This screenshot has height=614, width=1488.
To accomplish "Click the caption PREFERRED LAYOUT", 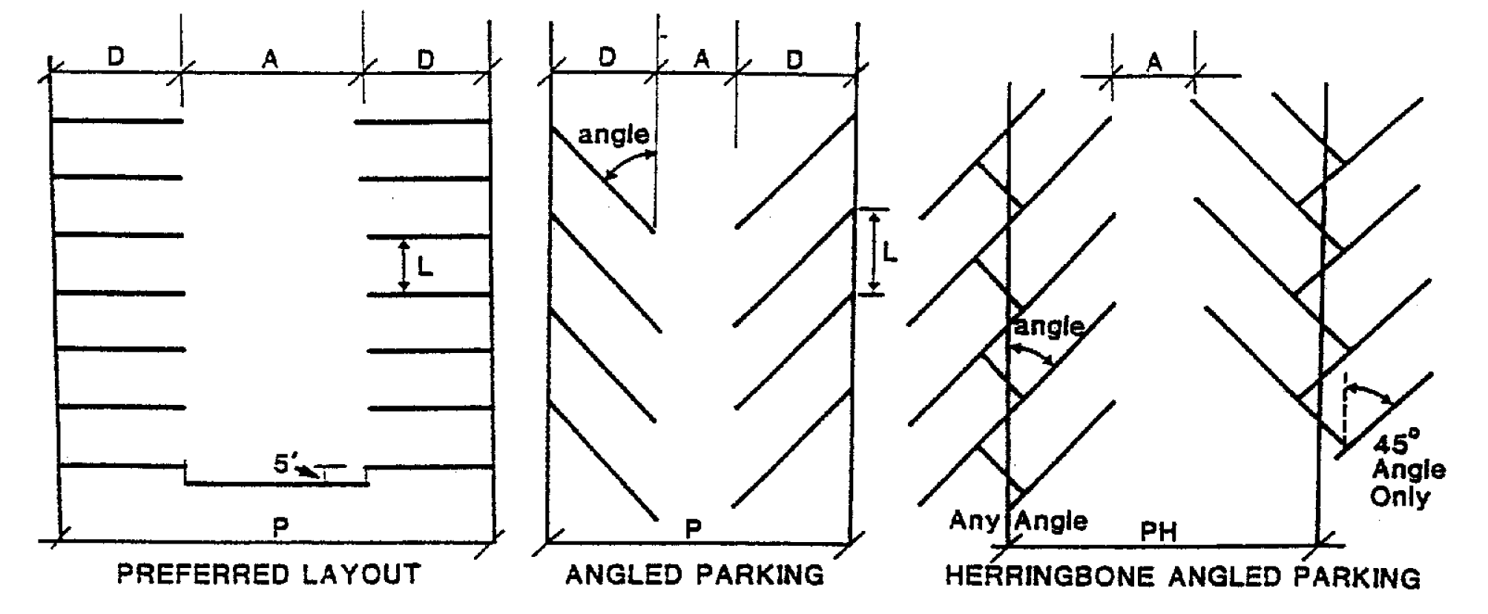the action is (x=269, y=575).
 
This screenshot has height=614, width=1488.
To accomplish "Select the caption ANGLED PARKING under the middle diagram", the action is (x=695, y=575).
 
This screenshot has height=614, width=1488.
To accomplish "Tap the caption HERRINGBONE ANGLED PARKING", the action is (x=1182, y=577).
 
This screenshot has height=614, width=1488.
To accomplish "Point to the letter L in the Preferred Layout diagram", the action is (x=425, y=265).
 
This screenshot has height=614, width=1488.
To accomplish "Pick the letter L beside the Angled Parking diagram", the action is (x=890, y=253).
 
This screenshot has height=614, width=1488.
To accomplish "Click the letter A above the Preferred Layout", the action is (x=270, y=59).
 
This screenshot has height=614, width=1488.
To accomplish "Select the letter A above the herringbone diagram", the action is (x=1153, y=62).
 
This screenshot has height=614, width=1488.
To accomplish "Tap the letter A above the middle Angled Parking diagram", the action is (x=701, y=59).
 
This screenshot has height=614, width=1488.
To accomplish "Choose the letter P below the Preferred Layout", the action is (x=280, y=527).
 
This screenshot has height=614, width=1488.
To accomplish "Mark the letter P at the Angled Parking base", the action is (x=693, y=529).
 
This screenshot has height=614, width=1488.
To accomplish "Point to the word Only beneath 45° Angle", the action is (x=1400, y=495).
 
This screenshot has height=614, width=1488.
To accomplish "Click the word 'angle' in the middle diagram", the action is (x=613, y=135).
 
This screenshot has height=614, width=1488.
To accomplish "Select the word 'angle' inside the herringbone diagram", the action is (x=1050, y=326).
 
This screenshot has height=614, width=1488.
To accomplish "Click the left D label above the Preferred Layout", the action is (x=116, y=56).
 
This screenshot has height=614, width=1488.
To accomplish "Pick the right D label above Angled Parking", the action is (x=794, y=59).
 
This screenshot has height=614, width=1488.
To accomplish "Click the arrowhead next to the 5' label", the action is (x=315, y=472).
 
